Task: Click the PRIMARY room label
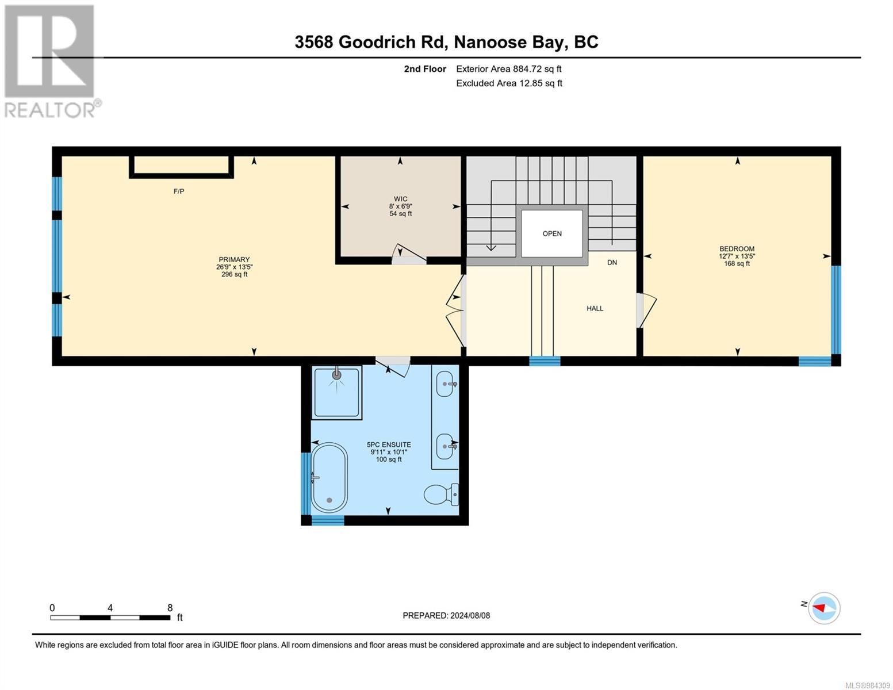point(234,260)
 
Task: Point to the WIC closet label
point(400,200)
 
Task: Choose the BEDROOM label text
point(737,249)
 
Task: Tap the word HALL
point(595,309)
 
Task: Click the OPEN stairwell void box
point(552,233)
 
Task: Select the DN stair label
point(612,263)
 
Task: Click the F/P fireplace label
point(179,191)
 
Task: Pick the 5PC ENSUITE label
point(389,445)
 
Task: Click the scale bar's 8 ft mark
point(170,608)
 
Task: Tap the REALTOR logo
point(51,60)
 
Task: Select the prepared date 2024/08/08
point(446,616)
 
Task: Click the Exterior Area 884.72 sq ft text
point(508,69)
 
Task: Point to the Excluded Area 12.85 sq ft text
point(509,83)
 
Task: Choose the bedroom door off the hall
point(646,310)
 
